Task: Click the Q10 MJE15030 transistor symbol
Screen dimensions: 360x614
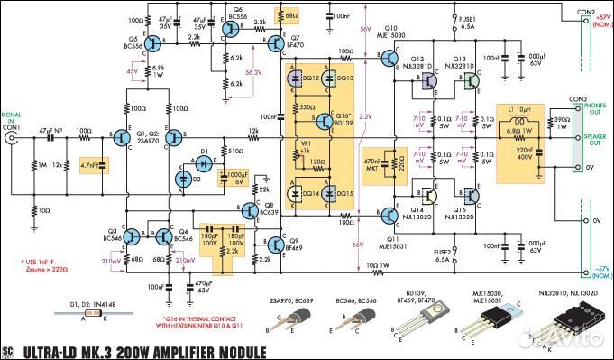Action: [x=389, y=59]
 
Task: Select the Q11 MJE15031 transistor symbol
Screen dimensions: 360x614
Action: [x=389, y=214]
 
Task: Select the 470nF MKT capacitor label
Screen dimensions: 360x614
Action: [x=372, y=163]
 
